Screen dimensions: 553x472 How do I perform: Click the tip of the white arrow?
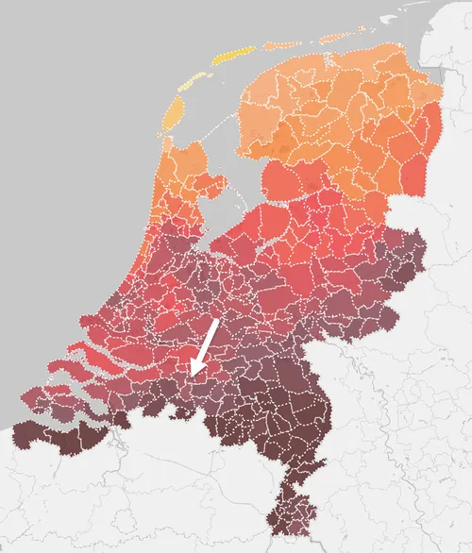(x=192, y=375)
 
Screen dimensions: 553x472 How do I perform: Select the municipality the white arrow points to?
(x=189, y=381)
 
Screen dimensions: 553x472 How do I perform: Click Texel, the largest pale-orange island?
(x=176, y=113)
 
